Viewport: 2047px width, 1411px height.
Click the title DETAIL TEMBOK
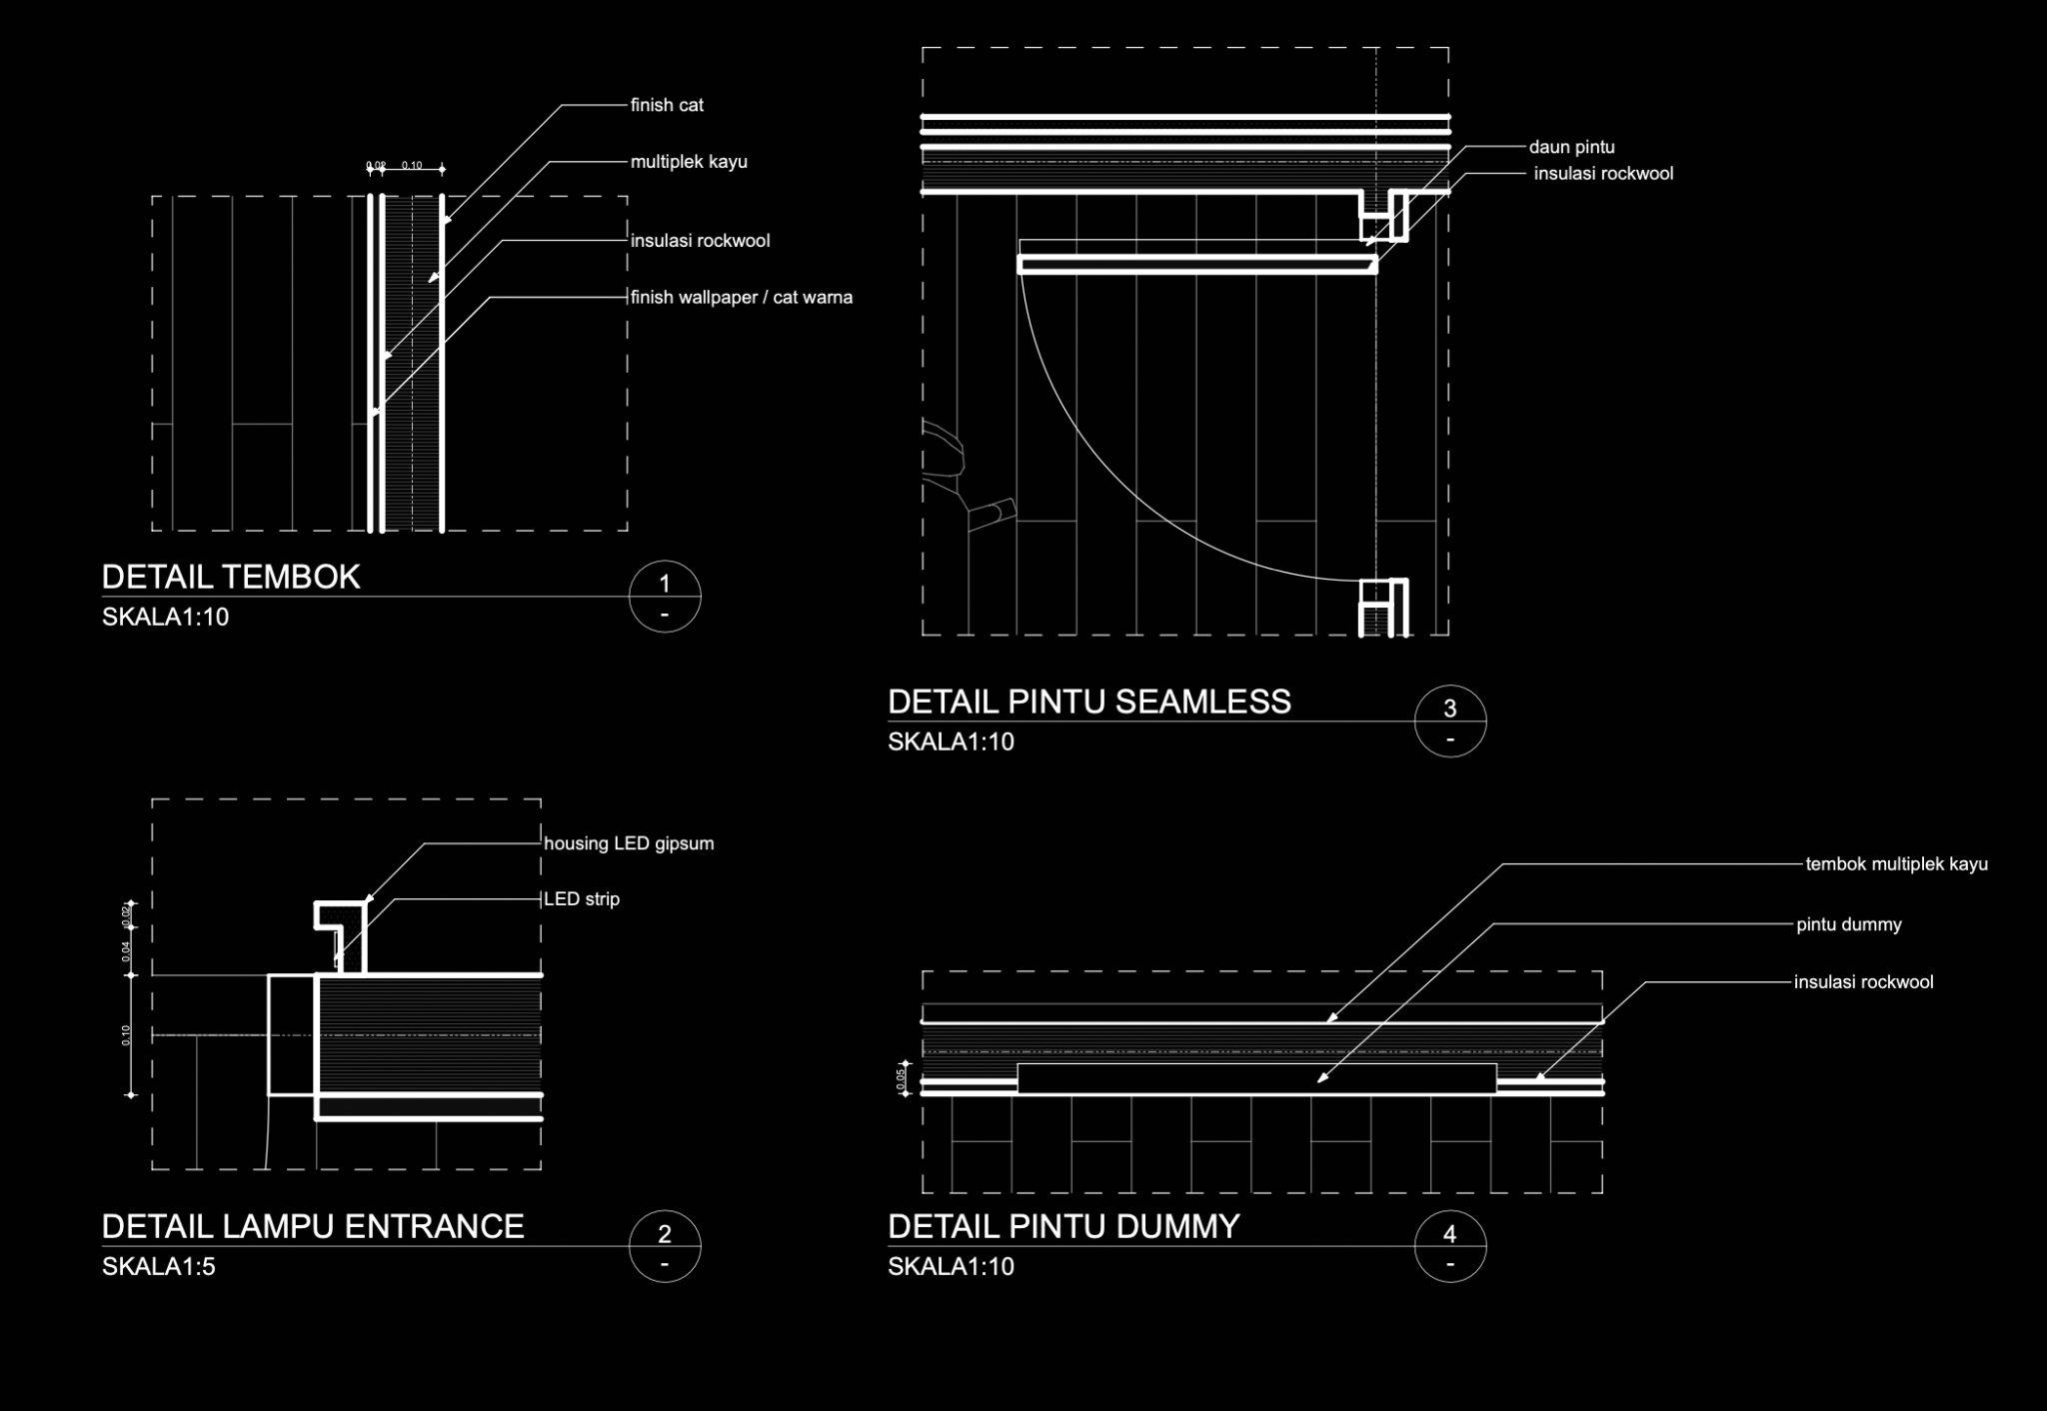tap(231, 577)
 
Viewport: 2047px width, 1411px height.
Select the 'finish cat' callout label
tap(667, 105)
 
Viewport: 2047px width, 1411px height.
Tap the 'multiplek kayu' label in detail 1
tap(689, 162)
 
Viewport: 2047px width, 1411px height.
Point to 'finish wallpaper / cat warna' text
tap(742, 298)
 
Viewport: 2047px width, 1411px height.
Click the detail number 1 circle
tap(665, 597)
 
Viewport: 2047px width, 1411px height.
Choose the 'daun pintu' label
tap(1571, 147)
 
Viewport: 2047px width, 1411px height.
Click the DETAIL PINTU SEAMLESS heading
tap(1089, 702)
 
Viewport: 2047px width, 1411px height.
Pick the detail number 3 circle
tap(1450, 720)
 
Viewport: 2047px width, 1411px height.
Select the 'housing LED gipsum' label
tap(629, 843)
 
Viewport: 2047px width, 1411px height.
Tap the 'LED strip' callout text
tap(582, 899)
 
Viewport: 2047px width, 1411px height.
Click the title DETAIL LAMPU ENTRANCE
tap(313, 1226)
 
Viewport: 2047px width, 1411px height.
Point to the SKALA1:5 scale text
tap(159, 1267)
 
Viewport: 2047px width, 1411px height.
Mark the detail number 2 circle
tap(665, 1246)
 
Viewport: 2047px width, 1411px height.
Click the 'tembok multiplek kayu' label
tap(1896, 864)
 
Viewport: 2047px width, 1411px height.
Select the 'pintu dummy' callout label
tap(1849, 924)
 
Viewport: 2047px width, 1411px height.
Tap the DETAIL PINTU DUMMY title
tap(1063, 1226)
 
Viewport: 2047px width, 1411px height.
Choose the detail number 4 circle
tap(1450, 1246)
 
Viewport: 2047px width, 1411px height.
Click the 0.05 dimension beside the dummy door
tap(901, 1078)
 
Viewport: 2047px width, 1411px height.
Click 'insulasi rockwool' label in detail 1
tap(700, 241)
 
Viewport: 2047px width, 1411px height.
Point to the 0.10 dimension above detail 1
tap(412, 165)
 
